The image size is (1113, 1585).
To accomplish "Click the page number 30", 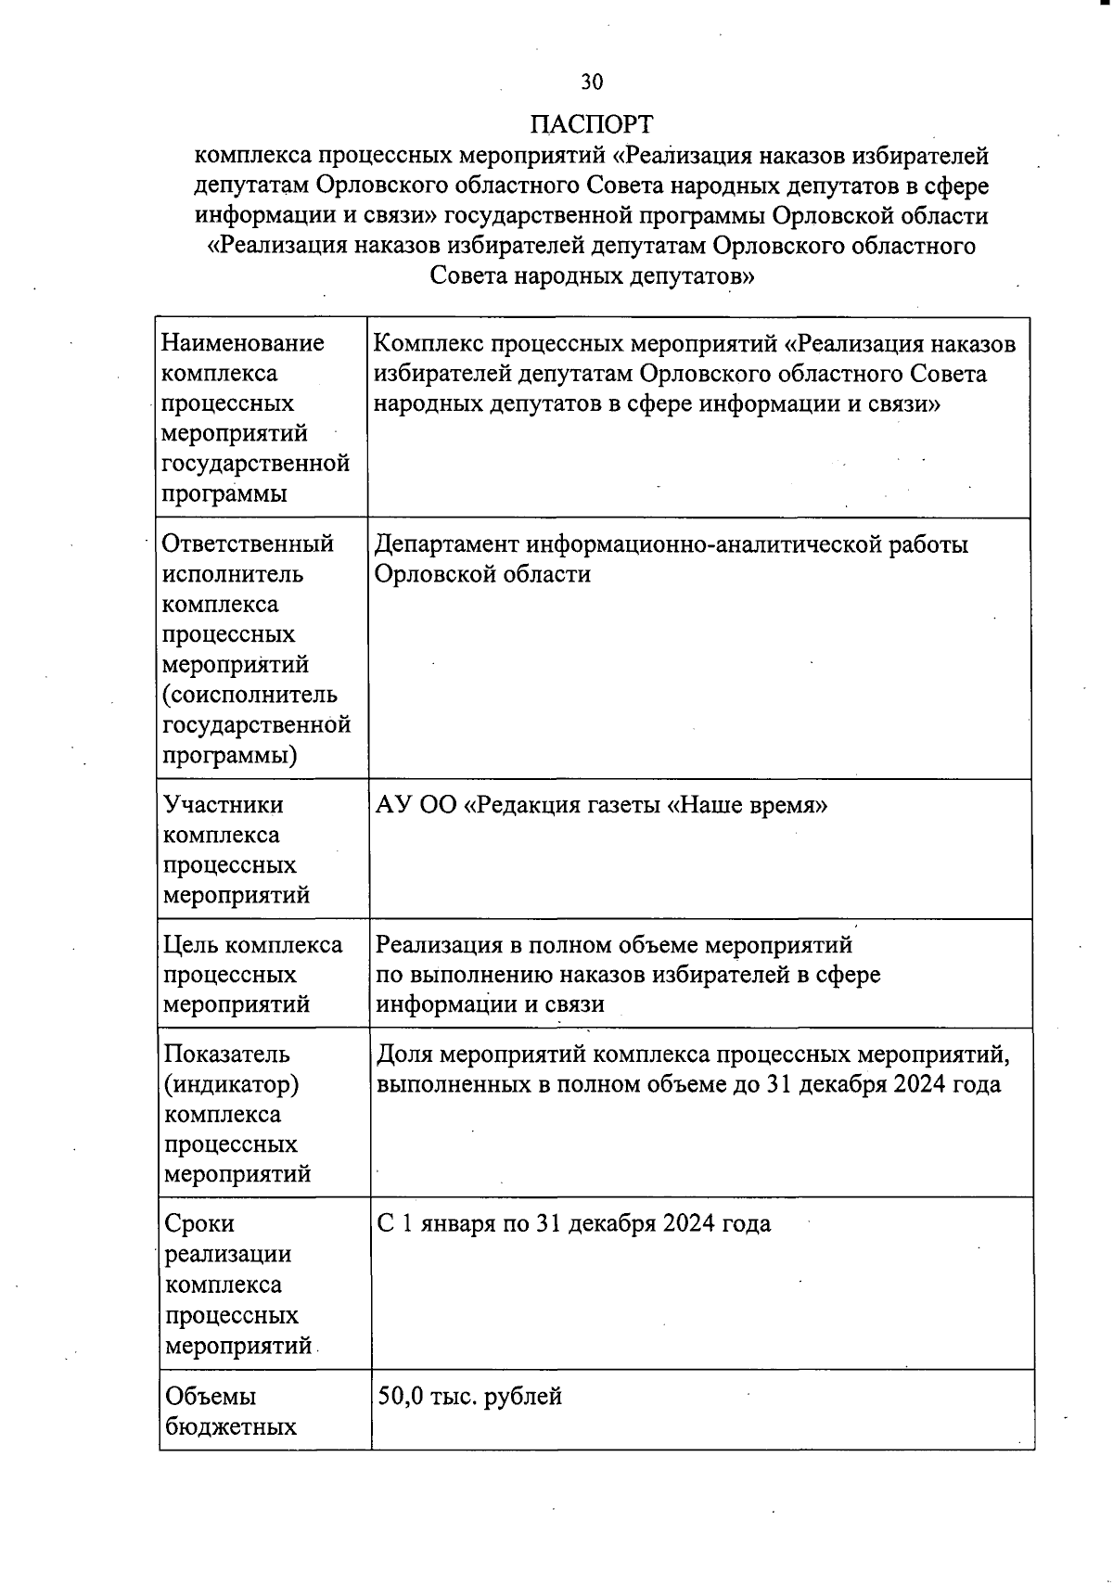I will pos(592,83).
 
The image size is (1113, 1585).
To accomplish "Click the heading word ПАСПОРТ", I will pos(592,125).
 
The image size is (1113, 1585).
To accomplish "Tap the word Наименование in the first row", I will pos(243,344).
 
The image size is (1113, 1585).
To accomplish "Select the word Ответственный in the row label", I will pos(248,543).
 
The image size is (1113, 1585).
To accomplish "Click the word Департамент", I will pos(448,544).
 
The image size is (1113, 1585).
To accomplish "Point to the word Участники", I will pos(223,805).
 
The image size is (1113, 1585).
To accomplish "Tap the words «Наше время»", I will pos(748,805).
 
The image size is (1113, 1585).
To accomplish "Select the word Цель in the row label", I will pos(191,945).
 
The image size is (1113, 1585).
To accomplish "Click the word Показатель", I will pos(227,1055).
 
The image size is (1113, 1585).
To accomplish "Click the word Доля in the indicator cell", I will pos(403,1055).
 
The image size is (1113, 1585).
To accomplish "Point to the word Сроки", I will pos(199,1224).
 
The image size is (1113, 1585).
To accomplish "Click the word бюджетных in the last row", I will pos(231,1426).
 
